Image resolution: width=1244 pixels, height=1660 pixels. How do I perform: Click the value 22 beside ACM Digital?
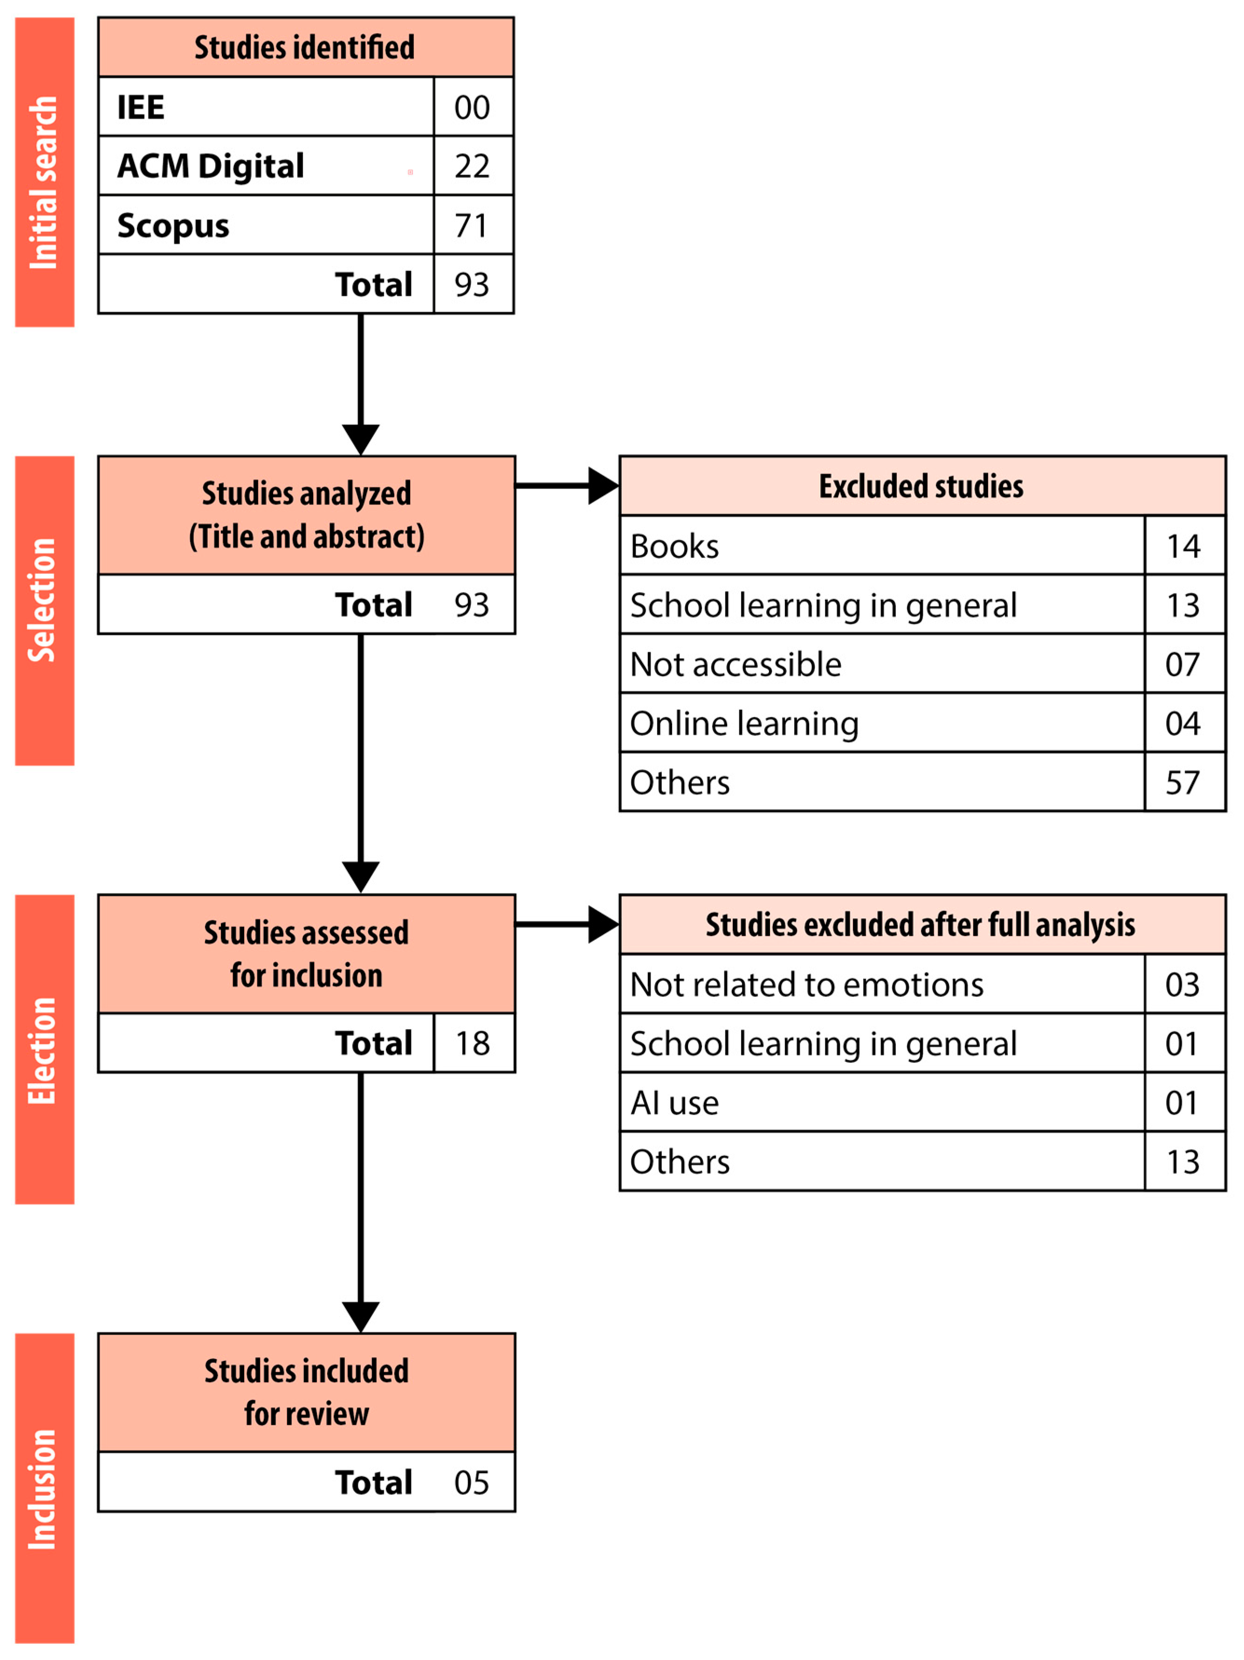[x=472, y=166]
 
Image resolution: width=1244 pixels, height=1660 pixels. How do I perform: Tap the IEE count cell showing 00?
[x=472, y=107]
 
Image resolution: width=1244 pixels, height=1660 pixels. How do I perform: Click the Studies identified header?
[x=305, y=48]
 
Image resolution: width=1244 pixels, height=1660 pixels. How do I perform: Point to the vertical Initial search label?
[x=43, y=183]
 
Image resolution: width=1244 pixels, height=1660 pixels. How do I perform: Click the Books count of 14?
[x=1182, y=545]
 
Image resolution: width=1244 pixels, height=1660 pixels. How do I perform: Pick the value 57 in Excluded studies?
[x=1182, y=782]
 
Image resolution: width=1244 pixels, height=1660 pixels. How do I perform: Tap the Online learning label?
[x=743, y=723]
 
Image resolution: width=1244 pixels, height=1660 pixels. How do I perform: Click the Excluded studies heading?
[x=921, y=486]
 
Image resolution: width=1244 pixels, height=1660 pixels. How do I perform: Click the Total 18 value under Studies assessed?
[x=472, y=1043]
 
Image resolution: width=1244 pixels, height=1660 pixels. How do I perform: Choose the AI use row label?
[x=674, y=1102]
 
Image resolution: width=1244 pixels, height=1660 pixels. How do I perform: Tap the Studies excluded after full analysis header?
[x=921, y=925]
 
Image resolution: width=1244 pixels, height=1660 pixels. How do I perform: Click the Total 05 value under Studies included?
[x=472, y=1482]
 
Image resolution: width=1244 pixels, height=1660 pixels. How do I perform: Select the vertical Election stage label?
[x=43, y=1051]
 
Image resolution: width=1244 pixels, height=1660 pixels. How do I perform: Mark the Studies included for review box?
[x=306, y=1392]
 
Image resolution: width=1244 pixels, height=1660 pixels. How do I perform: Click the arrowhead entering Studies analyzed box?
[x=360, y=439]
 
